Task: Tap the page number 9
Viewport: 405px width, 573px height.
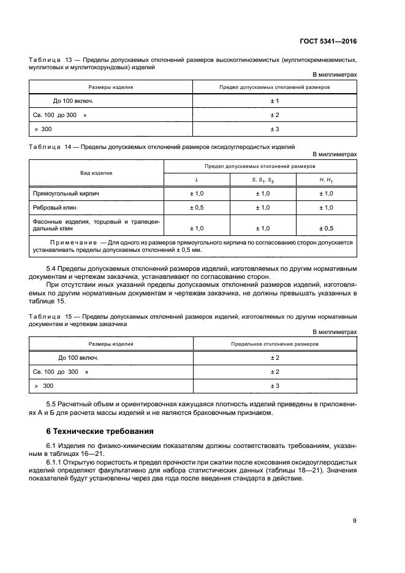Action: click(x=354, y=521)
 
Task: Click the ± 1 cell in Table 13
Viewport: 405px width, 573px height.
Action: click(x=274, y=101)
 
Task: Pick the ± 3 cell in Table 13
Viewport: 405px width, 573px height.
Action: click(x=274, y=129)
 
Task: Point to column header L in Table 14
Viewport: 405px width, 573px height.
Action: click(x=196, y=179)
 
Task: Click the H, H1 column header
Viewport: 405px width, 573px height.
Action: click(x=326, y=179)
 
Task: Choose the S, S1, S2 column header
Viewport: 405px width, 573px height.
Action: click(x=262, y=179)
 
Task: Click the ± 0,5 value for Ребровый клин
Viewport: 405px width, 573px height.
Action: click(x=197, y=208)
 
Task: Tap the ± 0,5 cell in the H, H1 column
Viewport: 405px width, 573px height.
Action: click(x=326, y=229)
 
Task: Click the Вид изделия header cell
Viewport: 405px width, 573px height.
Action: click(x=96, y=173)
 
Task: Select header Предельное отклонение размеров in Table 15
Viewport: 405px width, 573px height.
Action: click(x=274, y=344)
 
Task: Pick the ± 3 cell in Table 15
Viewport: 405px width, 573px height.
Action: click(x=274, y=386)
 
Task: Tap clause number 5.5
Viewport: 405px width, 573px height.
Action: click(x=53, y=406)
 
